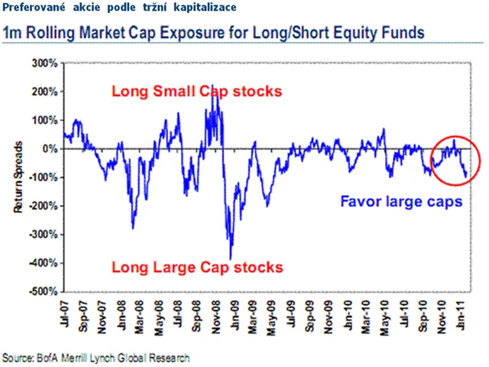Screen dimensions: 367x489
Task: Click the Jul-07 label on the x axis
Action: (x=67, y=313)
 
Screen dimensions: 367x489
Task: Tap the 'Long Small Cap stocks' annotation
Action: (x=196, y=92)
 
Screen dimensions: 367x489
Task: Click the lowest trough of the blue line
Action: (x=231, y=258)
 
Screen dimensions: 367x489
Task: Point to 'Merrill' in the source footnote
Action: (x=89, y=357)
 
